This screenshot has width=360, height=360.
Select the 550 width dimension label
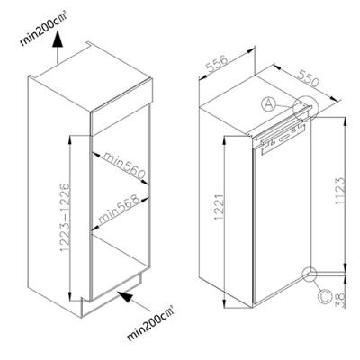[x=307, y=78]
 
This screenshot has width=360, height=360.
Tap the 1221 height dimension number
[x=219, y=207]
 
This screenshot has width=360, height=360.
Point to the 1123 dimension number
[x=339, y=191]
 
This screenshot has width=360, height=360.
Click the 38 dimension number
[x=340, y=301]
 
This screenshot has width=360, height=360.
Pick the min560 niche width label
[x=124, y=165]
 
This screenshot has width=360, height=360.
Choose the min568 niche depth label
[x=119, y=209]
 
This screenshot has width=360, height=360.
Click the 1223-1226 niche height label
[x=65, y=217]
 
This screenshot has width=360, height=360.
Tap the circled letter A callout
[x=268, y=104]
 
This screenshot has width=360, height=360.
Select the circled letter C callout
[x=325, y=296]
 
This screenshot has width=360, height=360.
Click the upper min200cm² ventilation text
[x=43, y=29]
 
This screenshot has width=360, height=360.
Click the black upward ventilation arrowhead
[x=57, y=40]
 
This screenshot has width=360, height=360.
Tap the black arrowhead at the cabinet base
[x=125, y=296]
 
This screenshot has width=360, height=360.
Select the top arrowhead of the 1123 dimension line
[x=346, y=122]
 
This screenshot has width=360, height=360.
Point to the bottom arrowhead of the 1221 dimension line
[x=225, y=302]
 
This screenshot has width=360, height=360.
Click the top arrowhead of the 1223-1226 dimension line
[x=70, y=140]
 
